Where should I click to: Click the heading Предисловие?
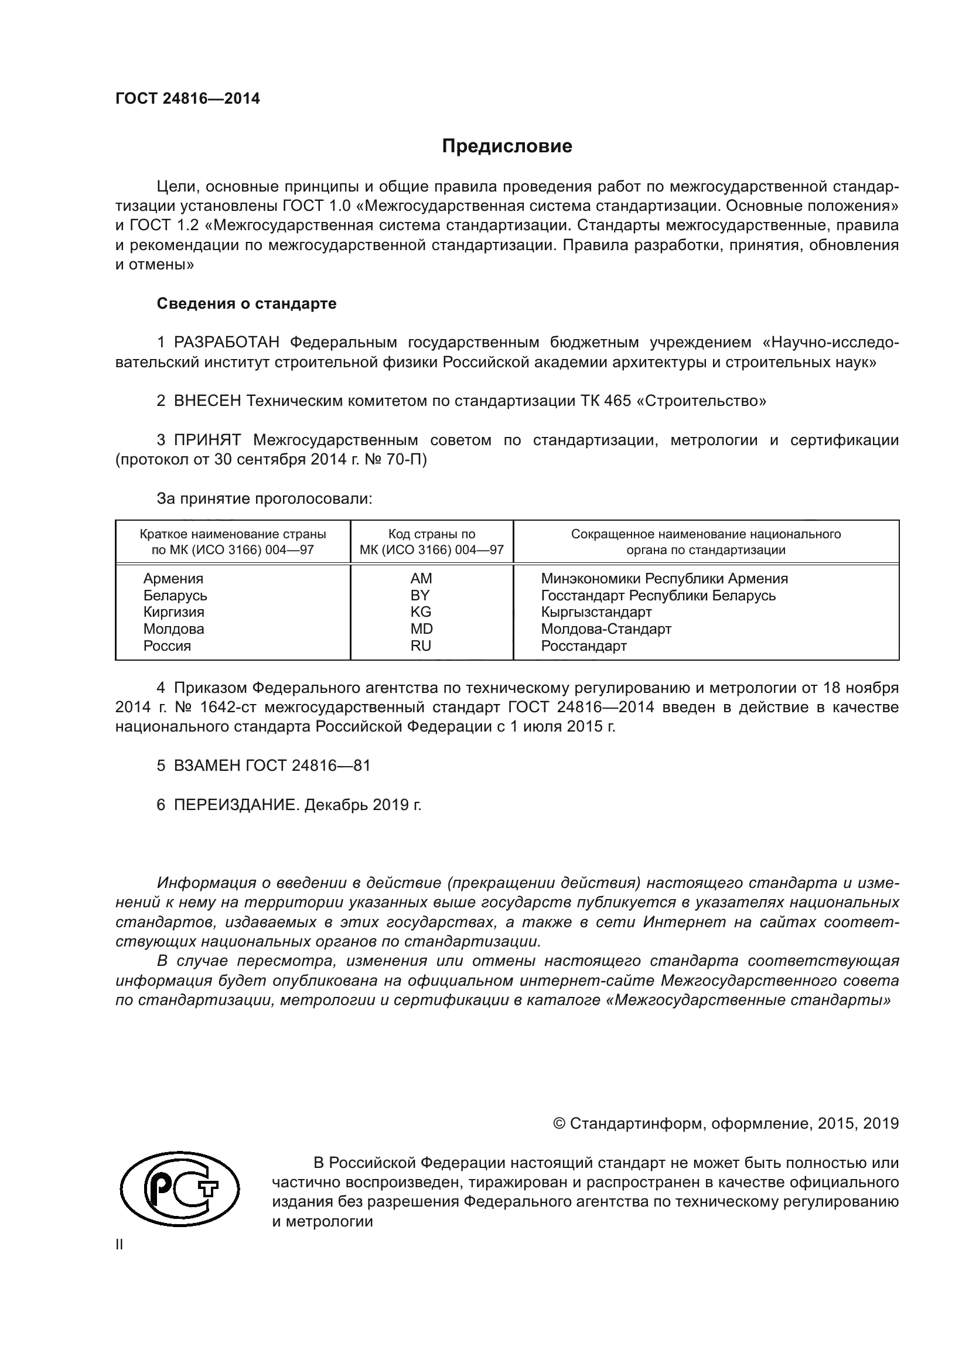[507, 146]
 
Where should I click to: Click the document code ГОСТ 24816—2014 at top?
[187, 98]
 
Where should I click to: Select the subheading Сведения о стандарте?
[247, 304]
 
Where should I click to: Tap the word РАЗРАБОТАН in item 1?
[226, 343]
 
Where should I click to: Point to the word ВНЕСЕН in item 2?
[207, 401]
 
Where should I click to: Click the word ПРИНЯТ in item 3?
[207, 440]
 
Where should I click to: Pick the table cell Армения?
[173, 578]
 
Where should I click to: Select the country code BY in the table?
[420, 595]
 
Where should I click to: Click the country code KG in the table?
[420, 611]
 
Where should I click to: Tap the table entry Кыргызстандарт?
[596, 611]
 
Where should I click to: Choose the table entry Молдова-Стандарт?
[606, 628]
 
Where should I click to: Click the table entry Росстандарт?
[584, 645]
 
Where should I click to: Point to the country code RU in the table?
[420, 645]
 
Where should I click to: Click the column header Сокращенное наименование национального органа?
[705, 541]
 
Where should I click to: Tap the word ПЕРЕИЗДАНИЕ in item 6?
[234, 805]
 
